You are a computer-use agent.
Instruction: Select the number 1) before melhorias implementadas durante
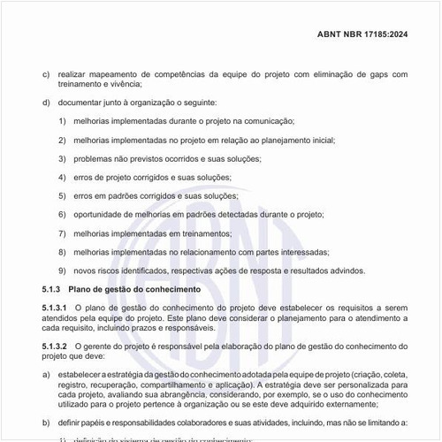click(x=63, y=122)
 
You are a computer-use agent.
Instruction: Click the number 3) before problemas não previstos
click(x=63, y=159)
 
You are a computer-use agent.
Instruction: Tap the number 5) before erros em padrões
click(x=63, y=196)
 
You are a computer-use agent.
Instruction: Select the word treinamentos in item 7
click(x=197, y=233)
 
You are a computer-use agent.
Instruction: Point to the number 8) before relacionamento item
click(x=63, y=252)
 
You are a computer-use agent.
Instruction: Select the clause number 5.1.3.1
click(x=56, y=307)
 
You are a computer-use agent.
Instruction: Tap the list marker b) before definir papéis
click(x=46, y=424)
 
